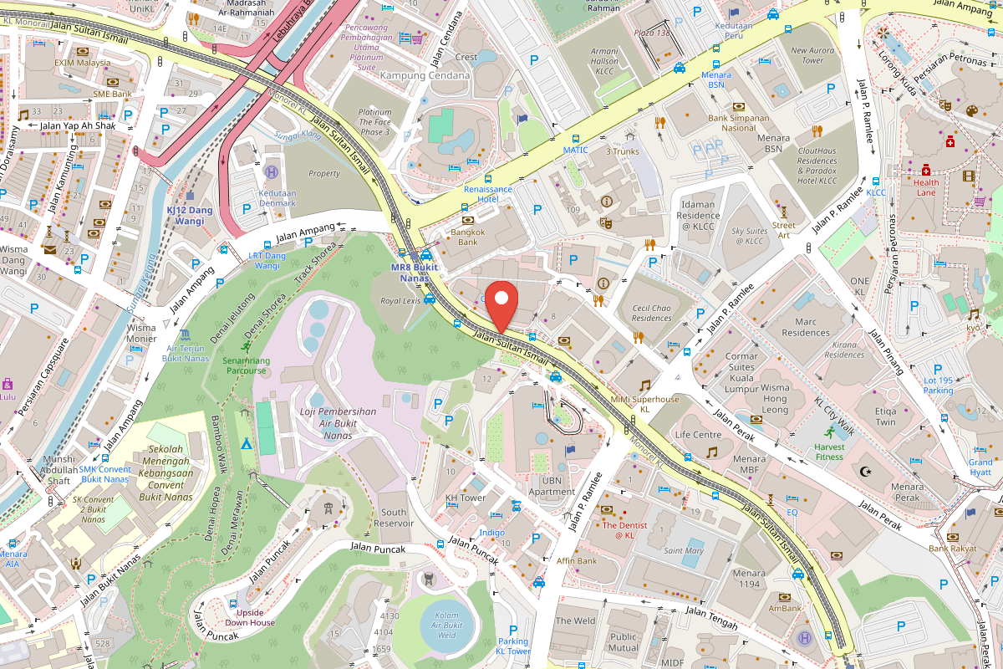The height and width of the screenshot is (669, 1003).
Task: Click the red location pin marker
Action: [x=501, y=308]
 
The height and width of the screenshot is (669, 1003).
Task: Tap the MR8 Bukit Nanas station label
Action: [x=415, y=273]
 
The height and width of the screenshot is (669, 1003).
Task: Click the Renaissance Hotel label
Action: [x=488, y=194]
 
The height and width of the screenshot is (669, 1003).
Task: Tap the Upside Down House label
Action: [x=249, y=617]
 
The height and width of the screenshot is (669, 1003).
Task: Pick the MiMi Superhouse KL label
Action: [x=644, y=404]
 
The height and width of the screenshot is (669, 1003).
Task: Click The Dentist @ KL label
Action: [x=619, y=530]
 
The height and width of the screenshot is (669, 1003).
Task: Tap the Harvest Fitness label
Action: [x=829, y=452]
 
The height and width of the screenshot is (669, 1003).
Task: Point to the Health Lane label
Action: [x=925, y=187]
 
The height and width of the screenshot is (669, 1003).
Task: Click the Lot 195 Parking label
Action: [x=938, y=386]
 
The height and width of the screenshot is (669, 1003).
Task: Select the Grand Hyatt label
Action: [x=980, y=467]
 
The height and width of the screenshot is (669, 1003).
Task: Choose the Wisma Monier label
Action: [x=140, y=333]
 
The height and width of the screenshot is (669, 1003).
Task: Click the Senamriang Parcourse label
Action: [x=245, y=365]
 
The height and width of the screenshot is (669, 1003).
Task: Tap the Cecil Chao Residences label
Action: [x=652, y=313]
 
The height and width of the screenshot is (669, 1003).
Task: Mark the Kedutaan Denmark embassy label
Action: [x=277, y=197]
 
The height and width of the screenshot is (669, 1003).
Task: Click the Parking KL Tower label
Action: [x=512, y=646]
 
